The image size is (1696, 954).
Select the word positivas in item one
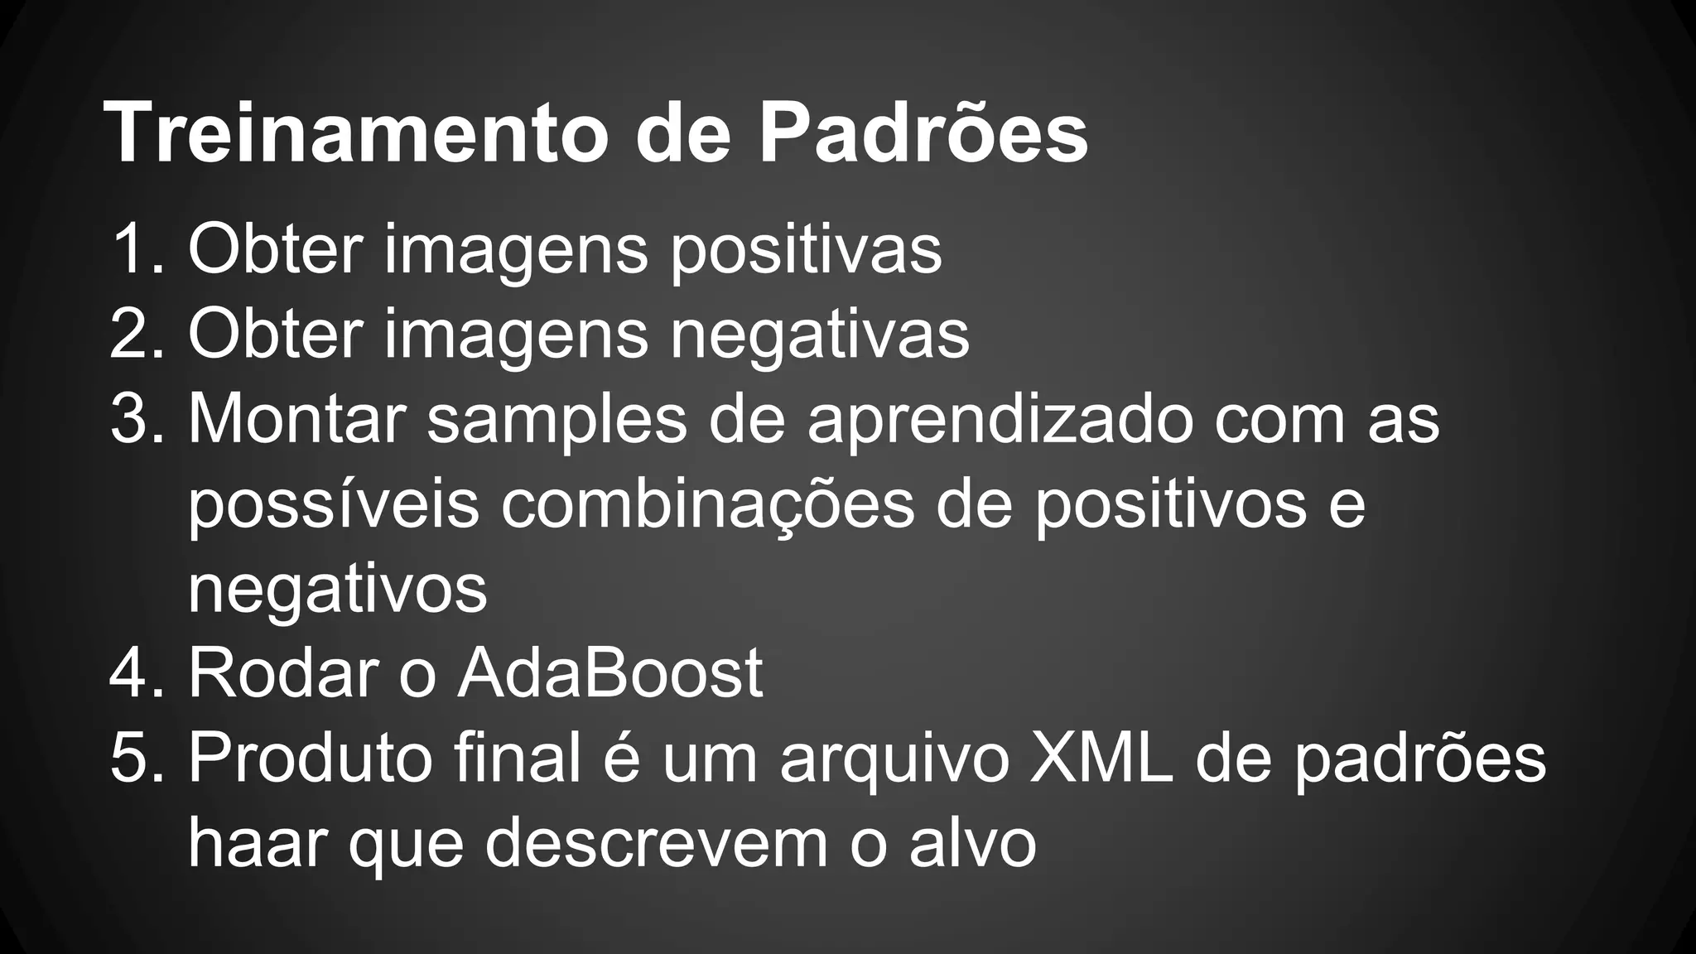coord(805,250)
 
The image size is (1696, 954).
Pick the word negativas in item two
coord(819,335)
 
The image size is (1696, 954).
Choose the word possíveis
coord(333,506)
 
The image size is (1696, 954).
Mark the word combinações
coord(707,506)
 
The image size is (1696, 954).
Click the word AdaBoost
coord(609,672)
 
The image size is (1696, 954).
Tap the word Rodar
coord(283,672)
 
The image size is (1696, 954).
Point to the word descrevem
coord(656,842)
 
